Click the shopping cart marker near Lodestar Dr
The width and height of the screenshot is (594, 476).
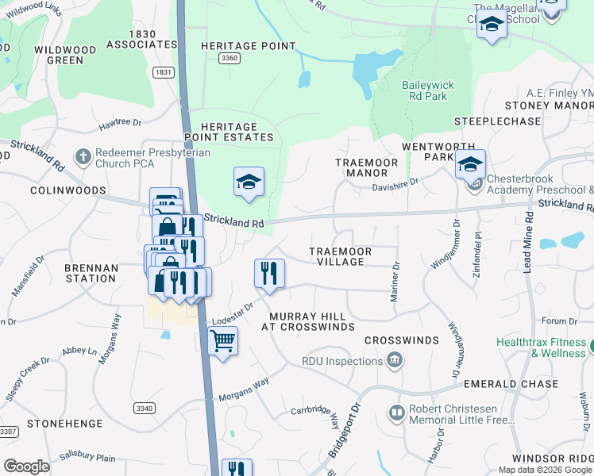pos(222,342)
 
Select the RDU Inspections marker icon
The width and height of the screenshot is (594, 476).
pos(394,362)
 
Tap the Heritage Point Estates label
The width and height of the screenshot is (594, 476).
pos(229,132)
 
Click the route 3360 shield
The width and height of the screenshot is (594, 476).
pos(229,59)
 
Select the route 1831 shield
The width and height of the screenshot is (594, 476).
pos(164,71)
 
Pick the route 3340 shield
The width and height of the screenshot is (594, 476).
pos(144,408)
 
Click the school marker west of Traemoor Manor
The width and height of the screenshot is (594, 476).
pos(249,182)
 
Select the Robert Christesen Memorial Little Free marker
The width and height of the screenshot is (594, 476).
pos(396,413)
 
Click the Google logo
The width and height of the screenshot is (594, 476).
pos(26,466)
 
